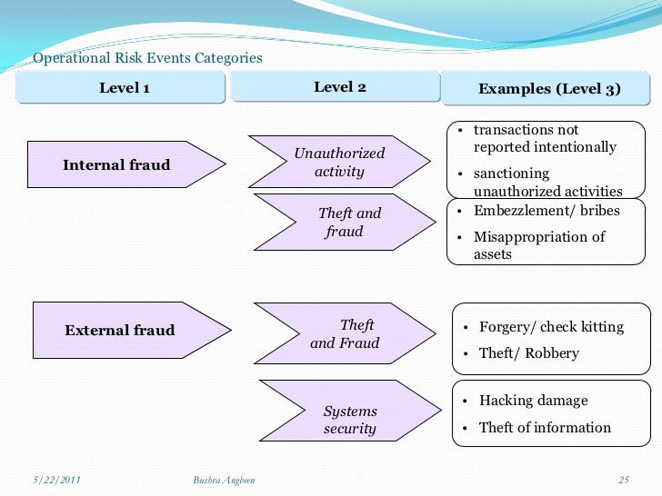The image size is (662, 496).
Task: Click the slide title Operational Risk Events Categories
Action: pos(147,58)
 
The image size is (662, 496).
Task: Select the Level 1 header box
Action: pos(124,88)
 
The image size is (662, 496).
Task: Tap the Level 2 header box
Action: pos(339,87)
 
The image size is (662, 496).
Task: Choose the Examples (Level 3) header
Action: pos(548,89)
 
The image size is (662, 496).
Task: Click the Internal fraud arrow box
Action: pos(116,165)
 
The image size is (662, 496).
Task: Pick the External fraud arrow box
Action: pos(119,331)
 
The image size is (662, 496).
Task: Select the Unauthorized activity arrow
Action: pos(339,163)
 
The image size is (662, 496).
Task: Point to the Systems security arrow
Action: pos(349,421)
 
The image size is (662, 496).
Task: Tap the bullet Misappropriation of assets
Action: pos(539,246)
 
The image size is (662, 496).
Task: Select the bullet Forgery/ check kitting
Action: pos(551,327)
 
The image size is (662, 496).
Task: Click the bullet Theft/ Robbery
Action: pos(528,353)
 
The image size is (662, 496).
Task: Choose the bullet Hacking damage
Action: pos(533,401)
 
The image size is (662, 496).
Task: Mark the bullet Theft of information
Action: pos(545,428)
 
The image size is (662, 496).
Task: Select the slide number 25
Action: pos(623,479)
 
